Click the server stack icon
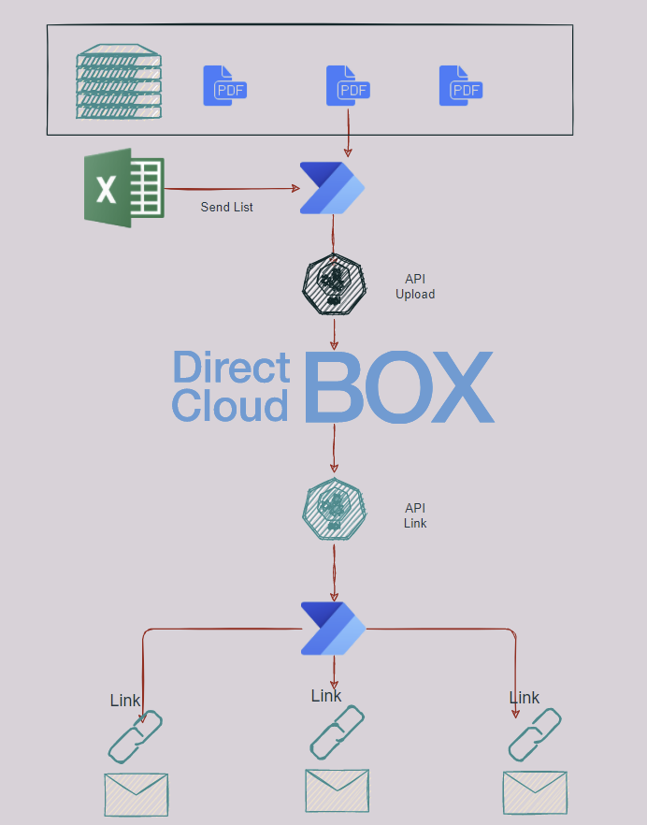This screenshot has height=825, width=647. tap(119, 81)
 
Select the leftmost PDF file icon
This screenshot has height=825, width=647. tap(224, 86)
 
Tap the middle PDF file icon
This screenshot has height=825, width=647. tap(347, 86)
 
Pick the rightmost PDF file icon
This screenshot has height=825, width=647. tap(460, 86)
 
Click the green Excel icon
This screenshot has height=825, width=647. tap(124, 189)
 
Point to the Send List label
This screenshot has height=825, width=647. tap(227, 207)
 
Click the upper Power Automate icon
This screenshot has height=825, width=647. tap(332, 188)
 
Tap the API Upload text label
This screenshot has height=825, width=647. tap(415, 286)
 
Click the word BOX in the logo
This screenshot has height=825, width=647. tap(398, 386)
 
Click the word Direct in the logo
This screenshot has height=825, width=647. tap(231, 368)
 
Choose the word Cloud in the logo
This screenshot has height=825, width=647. tap(231, 406)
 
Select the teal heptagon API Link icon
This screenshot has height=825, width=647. tap(333, 510)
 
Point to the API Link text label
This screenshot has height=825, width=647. tap(415, 515)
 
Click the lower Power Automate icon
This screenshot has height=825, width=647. tap(333, 629)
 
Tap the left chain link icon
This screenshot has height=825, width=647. tap(137, 737)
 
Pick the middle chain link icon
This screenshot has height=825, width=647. tap(337, 731)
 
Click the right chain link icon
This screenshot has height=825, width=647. tap(535, 734)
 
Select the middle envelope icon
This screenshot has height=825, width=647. tap(337, 790)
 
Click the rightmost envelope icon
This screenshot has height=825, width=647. tap(535, 792)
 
